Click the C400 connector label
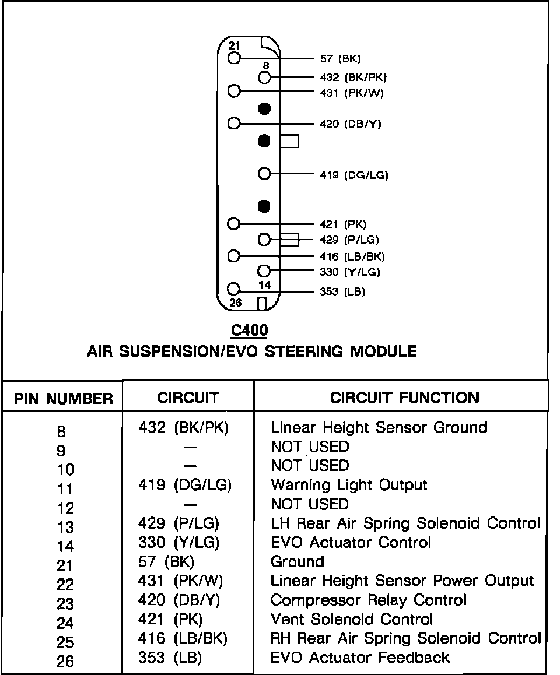pos(249,331)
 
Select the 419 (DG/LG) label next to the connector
pos(354,174)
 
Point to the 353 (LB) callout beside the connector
pos(342,291)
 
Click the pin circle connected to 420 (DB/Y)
pos(235,124)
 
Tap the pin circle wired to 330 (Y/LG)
pos(264,270)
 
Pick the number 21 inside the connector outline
pos(235,46)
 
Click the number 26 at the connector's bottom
pos(235,303)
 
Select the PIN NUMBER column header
pos(64,399)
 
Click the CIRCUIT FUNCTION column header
pos(405,398)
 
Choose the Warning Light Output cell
pos(349,485)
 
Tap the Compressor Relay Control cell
pos(369,600)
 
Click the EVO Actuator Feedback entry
pos(360,658)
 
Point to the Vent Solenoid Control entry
pos(352,619)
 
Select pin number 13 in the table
pos(65,527)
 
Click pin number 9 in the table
pos(61,450)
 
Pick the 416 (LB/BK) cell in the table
pos(183,638)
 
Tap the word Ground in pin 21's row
pos(297,562)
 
